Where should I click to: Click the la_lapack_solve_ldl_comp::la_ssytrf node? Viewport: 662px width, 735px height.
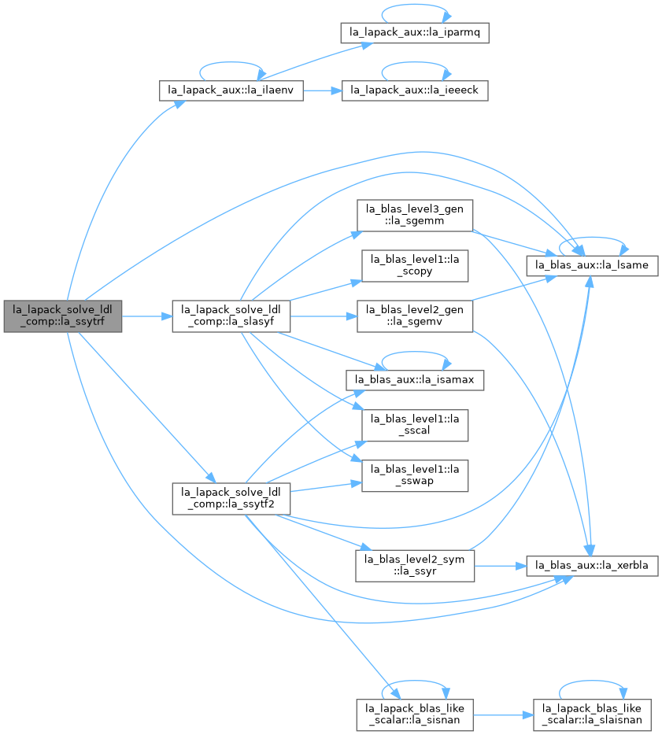[x=63, y=316]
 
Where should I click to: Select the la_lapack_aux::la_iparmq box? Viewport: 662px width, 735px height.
[x=415, y=33]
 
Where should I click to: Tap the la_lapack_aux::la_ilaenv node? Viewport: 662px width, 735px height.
[x=231, y=90]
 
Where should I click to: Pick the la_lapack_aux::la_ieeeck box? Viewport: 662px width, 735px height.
[x=415, y=90]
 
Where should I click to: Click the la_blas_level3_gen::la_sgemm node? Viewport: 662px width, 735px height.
[x=415, y=215]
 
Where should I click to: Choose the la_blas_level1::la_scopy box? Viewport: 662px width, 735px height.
[x=415, y=266]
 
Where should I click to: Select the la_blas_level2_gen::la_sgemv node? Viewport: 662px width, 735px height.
[x=415, y=316]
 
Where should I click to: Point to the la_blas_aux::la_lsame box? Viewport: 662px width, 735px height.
[x=592, y=266]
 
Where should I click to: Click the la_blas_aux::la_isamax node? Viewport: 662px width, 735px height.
[x=415, y=380]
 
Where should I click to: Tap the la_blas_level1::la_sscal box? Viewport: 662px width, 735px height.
[x=415, y=425]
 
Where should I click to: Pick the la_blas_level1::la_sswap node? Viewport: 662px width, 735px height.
[x=415, y=476]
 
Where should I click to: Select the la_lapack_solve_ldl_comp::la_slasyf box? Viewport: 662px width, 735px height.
[x=231, y=316]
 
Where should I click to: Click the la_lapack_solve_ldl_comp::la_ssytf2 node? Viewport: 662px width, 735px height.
[x=231, y=499]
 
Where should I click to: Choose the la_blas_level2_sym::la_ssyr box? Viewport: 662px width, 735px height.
[x=415, y=567]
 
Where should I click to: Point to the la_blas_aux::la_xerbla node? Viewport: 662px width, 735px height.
[x=592, y=566]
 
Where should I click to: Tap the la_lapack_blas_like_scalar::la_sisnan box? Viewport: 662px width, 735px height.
[x=415, y=715]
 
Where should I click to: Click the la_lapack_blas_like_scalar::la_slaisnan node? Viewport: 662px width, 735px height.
[x=592, y=715]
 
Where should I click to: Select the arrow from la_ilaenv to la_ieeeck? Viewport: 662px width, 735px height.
[x=323, y=90]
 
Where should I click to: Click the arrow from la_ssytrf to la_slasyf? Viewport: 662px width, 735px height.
[x=147, y=316]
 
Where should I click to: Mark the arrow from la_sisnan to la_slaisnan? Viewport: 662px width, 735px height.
[x=503, y=715]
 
